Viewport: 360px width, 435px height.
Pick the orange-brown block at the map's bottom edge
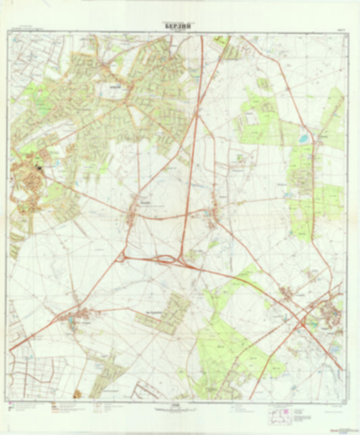point(78,393)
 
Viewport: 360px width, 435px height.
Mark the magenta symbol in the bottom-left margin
point(53,408)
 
